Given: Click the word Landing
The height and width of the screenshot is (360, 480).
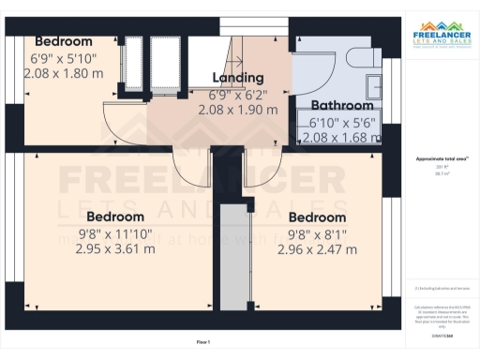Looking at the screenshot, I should (x=238, y=78).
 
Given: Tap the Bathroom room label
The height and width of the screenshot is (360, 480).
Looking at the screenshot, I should (x=344, y=106).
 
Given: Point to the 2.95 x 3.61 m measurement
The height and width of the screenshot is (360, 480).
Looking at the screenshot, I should (x=115, y=249).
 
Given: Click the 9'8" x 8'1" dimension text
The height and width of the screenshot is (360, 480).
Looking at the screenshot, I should (x=317, y=234).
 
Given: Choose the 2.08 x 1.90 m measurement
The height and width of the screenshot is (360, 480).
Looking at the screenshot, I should (x=238, y=110).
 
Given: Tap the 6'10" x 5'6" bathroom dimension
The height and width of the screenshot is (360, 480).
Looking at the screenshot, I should (x=342, y=123).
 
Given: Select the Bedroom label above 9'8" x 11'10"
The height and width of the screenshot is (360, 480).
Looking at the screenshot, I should (x=115, y=217).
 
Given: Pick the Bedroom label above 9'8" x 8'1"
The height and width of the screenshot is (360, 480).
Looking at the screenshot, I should (x=317, y=217).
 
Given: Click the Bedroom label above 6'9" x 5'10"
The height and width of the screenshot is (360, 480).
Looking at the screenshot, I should (x=64, y=41).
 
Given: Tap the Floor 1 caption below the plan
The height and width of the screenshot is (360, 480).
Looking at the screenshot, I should (x=203, y=342).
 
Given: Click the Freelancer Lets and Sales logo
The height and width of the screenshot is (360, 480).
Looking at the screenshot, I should (x=440, y=38).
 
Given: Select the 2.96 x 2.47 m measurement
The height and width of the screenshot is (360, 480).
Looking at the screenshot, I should (x=317, y=250).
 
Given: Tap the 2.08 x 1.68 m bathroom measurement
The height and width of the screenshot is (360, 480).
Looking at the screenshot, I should (x=343, y=138).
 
